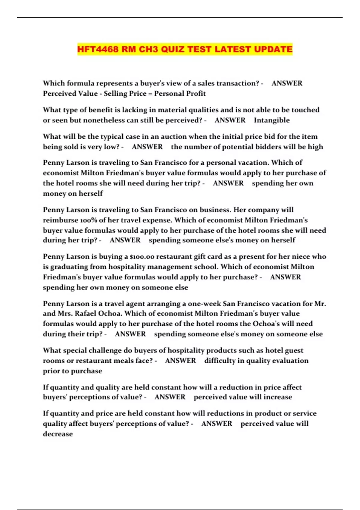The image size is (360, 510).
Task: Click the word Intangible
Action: [x=272, y=120]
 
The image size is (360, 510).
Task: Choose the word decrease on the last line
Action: [x=58, y=434]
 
